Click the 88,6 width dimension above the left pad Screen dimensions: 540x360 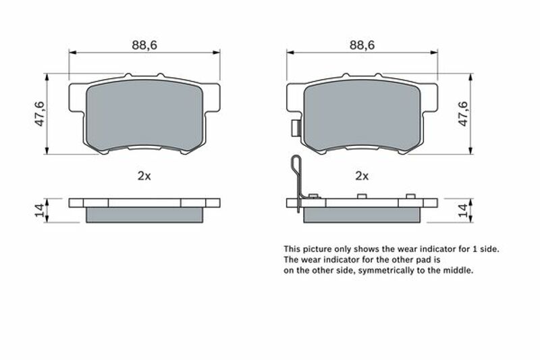point(144,45)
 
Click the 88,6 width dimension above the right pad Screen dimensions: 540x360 point(362,45)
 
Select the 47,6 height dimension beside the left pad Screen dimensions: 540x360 point(40,113)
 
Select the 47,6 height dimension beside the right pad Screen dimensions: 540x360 point(464,113)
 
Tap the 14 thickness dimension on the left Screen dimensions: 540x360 point(40,210)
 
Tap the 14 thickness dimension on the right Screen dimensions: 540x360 point(463,210)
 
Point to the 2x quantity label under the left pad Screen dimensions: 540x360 point(144,176)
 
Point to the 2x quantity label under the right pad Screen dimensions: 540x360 point(362,176)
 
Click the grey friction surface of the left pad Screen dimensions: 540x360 point(144,115)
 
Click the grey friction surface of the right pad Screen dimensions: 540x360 point(362,115)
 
